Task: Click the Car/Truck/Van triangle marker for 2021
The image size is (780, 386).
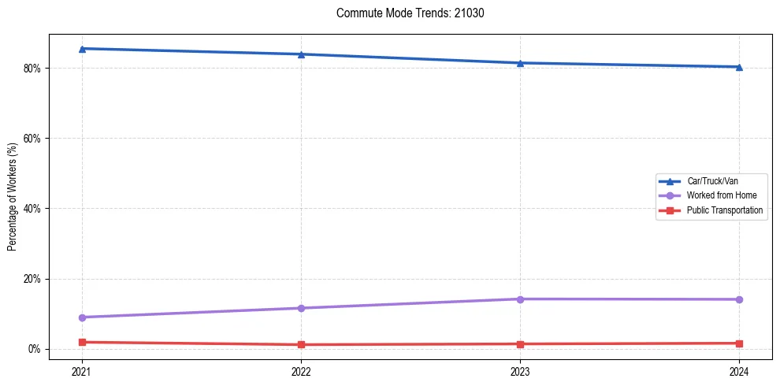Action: coord(82,49)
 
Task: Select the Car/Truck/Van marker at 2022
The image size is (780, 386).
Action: coord(301,54)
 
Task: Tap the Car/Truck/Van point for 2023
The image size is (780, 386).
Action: coord(520,63)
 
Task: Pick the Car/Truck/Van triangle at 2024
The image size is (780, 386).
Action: coord(739,67)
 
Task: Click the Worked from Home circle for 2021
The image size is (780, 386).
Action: coord(82,317)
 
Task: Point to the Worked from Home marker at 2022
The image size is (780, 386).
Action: coord(301,308)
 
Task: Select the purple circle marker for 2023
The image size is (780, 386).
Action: coord(520,299)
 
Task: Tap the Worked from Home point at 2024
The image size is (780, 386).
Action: coord(739,299)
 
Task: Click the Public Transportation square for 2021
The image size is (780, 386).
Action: coord(82,342)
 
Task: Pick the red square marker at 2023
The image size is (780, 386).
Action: coord(520,344)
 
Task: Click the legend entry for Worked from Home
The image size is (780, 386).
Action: coord(716,195)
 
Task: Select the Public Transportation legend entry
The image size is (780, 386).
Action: coord(724,210)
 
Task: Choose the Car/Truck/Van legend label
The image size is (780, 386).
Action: coord(711,181)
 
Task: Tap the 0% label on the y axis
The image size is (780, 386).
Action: coord(34,349)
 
